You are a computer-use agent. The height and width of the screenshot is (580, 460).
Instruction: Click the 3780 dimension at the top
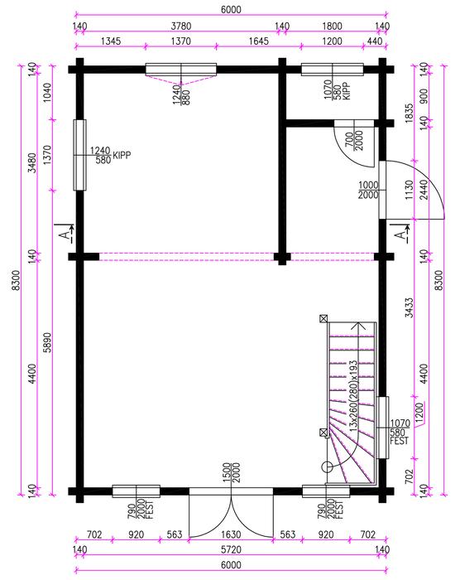click(x=181, y=27)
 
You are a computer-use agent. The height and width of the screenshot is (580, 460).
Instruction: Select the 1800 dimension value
click(x=332, y=27)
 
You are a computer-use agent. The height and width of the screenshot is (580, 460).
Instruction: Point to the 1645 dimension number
click(x=258, y=41)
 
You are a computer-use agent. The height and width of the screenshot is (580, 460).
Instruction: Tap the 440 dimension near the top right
click(x=375, y=41)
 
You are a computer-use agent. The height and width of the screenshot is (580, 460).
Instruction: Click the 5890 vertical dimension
click(x=48, y=342)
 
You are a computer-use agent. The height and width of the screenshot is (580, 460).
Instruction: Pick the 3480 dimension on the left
click(x=33, y=163)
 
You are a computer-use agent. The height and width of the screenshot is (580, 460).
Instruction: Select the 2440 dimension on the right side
click(x=424, y=190)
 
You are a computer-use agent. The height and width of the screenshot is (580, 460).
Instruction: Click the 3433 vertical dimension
click(x=409, y=308)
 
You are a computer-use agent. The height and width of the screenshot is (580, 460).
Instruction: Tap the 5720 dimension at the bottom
click(x=232, y=549)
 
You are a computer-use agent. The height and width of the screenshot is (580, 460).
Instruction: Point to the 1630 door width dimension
click(x=232, y=535)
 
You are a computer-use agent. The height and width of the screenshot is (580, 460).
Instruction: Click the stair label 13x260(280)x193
click(x=354, y=396)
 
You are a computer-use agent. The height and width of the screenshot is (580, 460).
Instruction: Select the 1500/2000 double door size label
click(x=232, y=472)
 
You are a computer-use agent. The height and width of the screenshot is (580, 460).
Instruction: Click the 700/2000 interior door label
click(x=354, y=141)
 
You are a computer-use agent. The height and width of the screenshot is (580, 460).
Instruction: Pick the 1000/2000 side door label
click(x=368, y=190)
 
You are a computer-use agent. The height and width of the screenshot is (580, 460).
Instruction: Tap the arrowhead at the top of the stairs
click(x=358, y=326)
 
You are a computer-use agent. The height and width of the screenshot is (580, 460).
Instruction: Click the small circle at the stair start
click(x=328, y=467)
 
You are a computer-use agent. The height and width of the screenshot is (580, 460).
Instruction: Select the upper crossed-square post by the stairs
click(x=323, y=318)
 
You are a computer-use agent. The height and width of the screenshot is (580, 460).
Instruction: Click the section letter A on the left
click(x=65, y=234)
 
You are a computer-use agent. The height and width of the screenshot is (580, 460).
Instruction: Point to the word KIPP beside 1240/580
click(x=122, y=156)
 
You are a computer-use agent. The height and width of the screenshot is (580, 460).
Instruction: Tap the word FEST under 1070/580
click(x=400, y=441)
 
